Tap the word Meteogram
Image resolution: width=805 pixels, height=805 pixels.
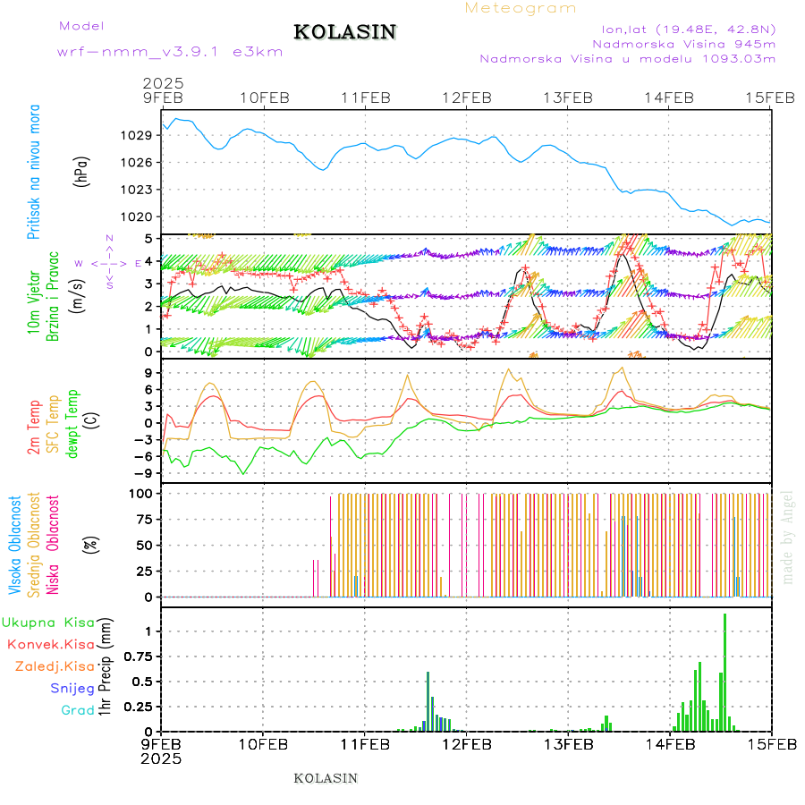click(521, 8)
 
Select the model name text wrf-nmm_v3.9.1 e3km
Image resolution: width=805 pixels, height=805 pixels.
click(170, 51)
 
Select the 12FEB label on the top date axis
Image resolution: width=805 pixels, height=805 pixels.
click(466, 97)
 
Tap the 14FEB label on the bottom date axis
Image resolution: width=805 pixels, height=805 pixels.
click(669, 743)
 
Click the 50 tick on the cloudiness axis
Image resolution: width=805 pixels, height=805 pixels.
click(143, 545)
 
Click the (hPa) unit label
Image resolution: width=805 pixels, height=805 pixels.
click(81, 171)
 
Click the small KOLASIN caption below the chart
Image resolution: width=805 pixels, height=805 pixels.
click(326, 778)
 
